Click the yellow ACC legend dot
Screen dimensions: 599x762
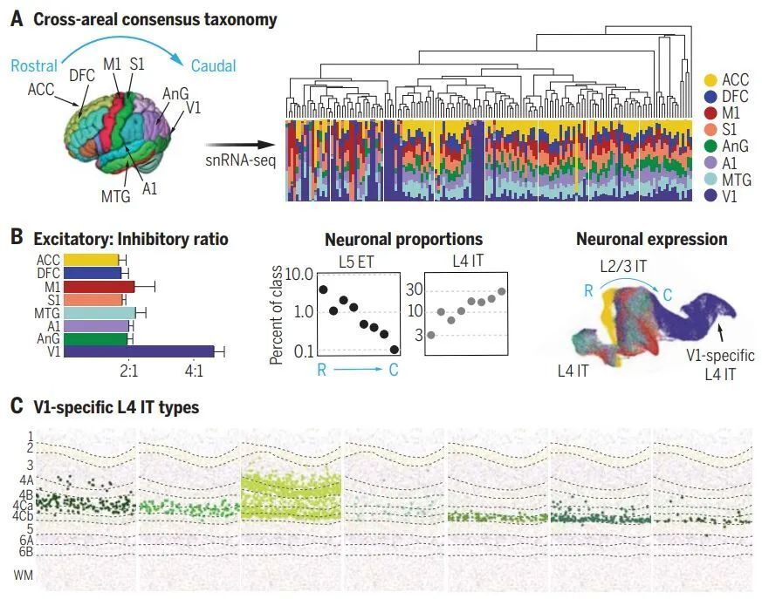click(711, 81)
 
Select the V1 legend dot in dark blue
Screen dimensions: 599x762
click(711, 197)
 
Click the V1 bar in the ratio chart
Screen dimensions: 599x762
click(139, 351)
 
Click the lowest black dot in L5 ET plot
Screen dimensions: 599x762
click(395, 349)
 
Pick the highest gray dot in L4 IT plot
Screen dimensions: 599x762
click(502, 291)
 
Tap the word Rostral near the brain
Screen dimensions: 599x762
click(35, 65)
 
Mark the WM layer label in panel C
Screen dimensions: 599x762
click(22, 574)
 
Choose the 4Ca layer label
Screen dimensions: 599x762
click(24, 505)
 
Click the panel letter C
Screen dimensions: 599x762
click(17, 406)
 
